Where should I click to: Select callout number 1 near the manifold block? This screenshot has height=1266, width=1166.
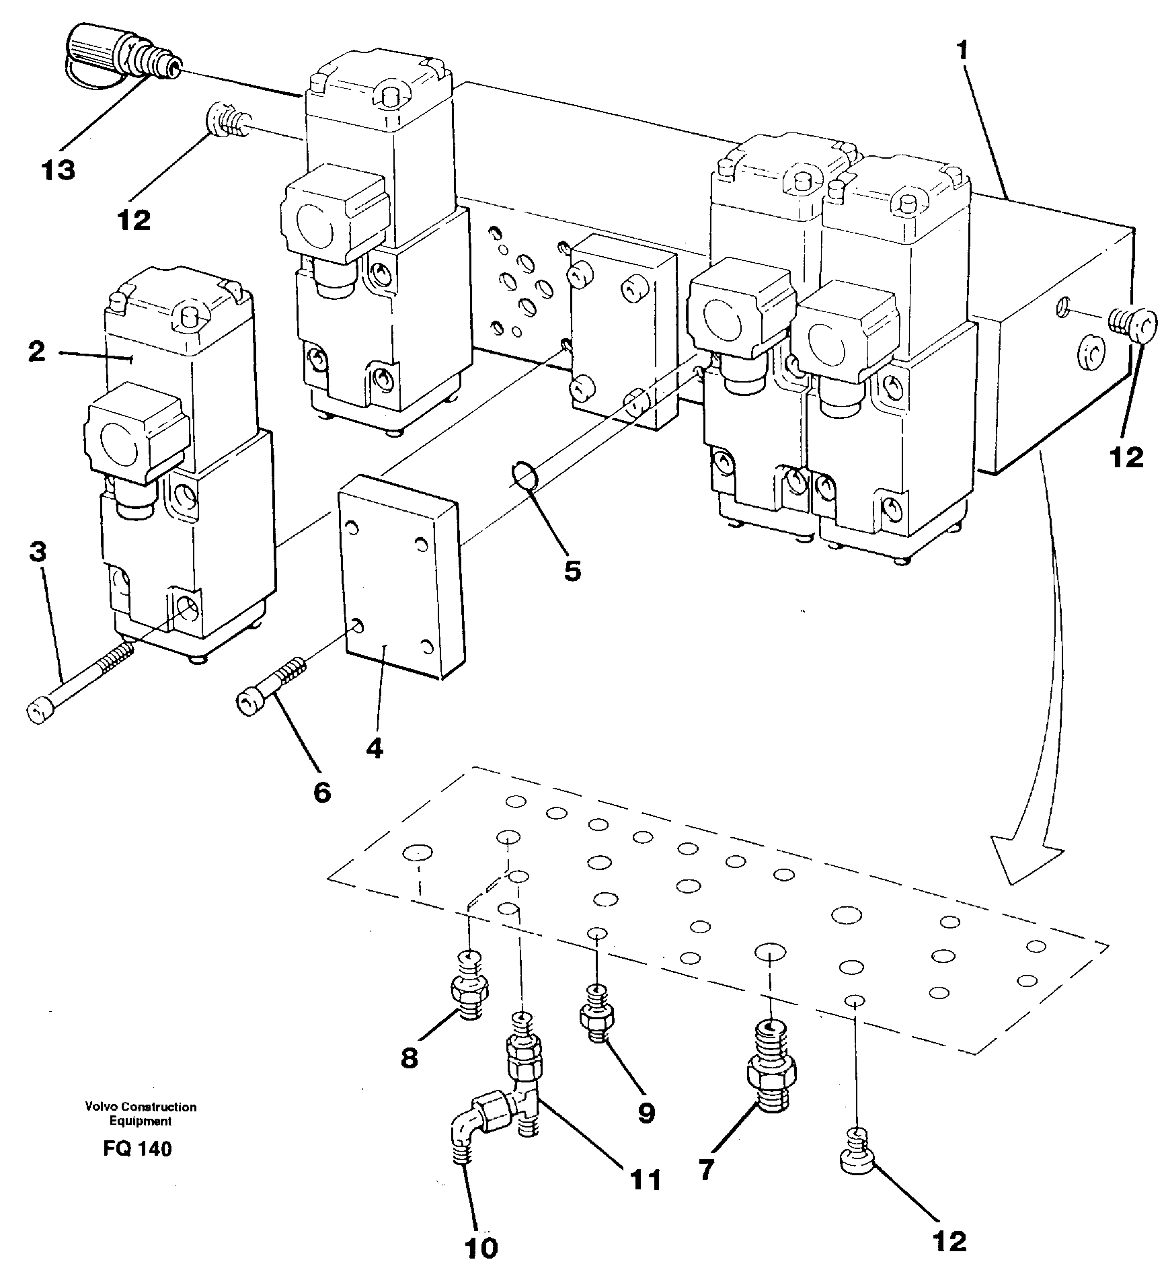964,50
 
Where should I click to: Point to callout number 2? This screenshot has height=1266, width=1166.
37,351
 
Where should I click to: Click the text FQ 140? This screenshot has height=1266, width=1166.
138,1148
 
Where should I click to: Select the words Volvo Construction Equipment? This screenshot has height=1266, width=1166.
141,1113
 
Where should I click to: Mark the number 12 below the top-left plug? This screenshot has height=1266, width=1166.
134,220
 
